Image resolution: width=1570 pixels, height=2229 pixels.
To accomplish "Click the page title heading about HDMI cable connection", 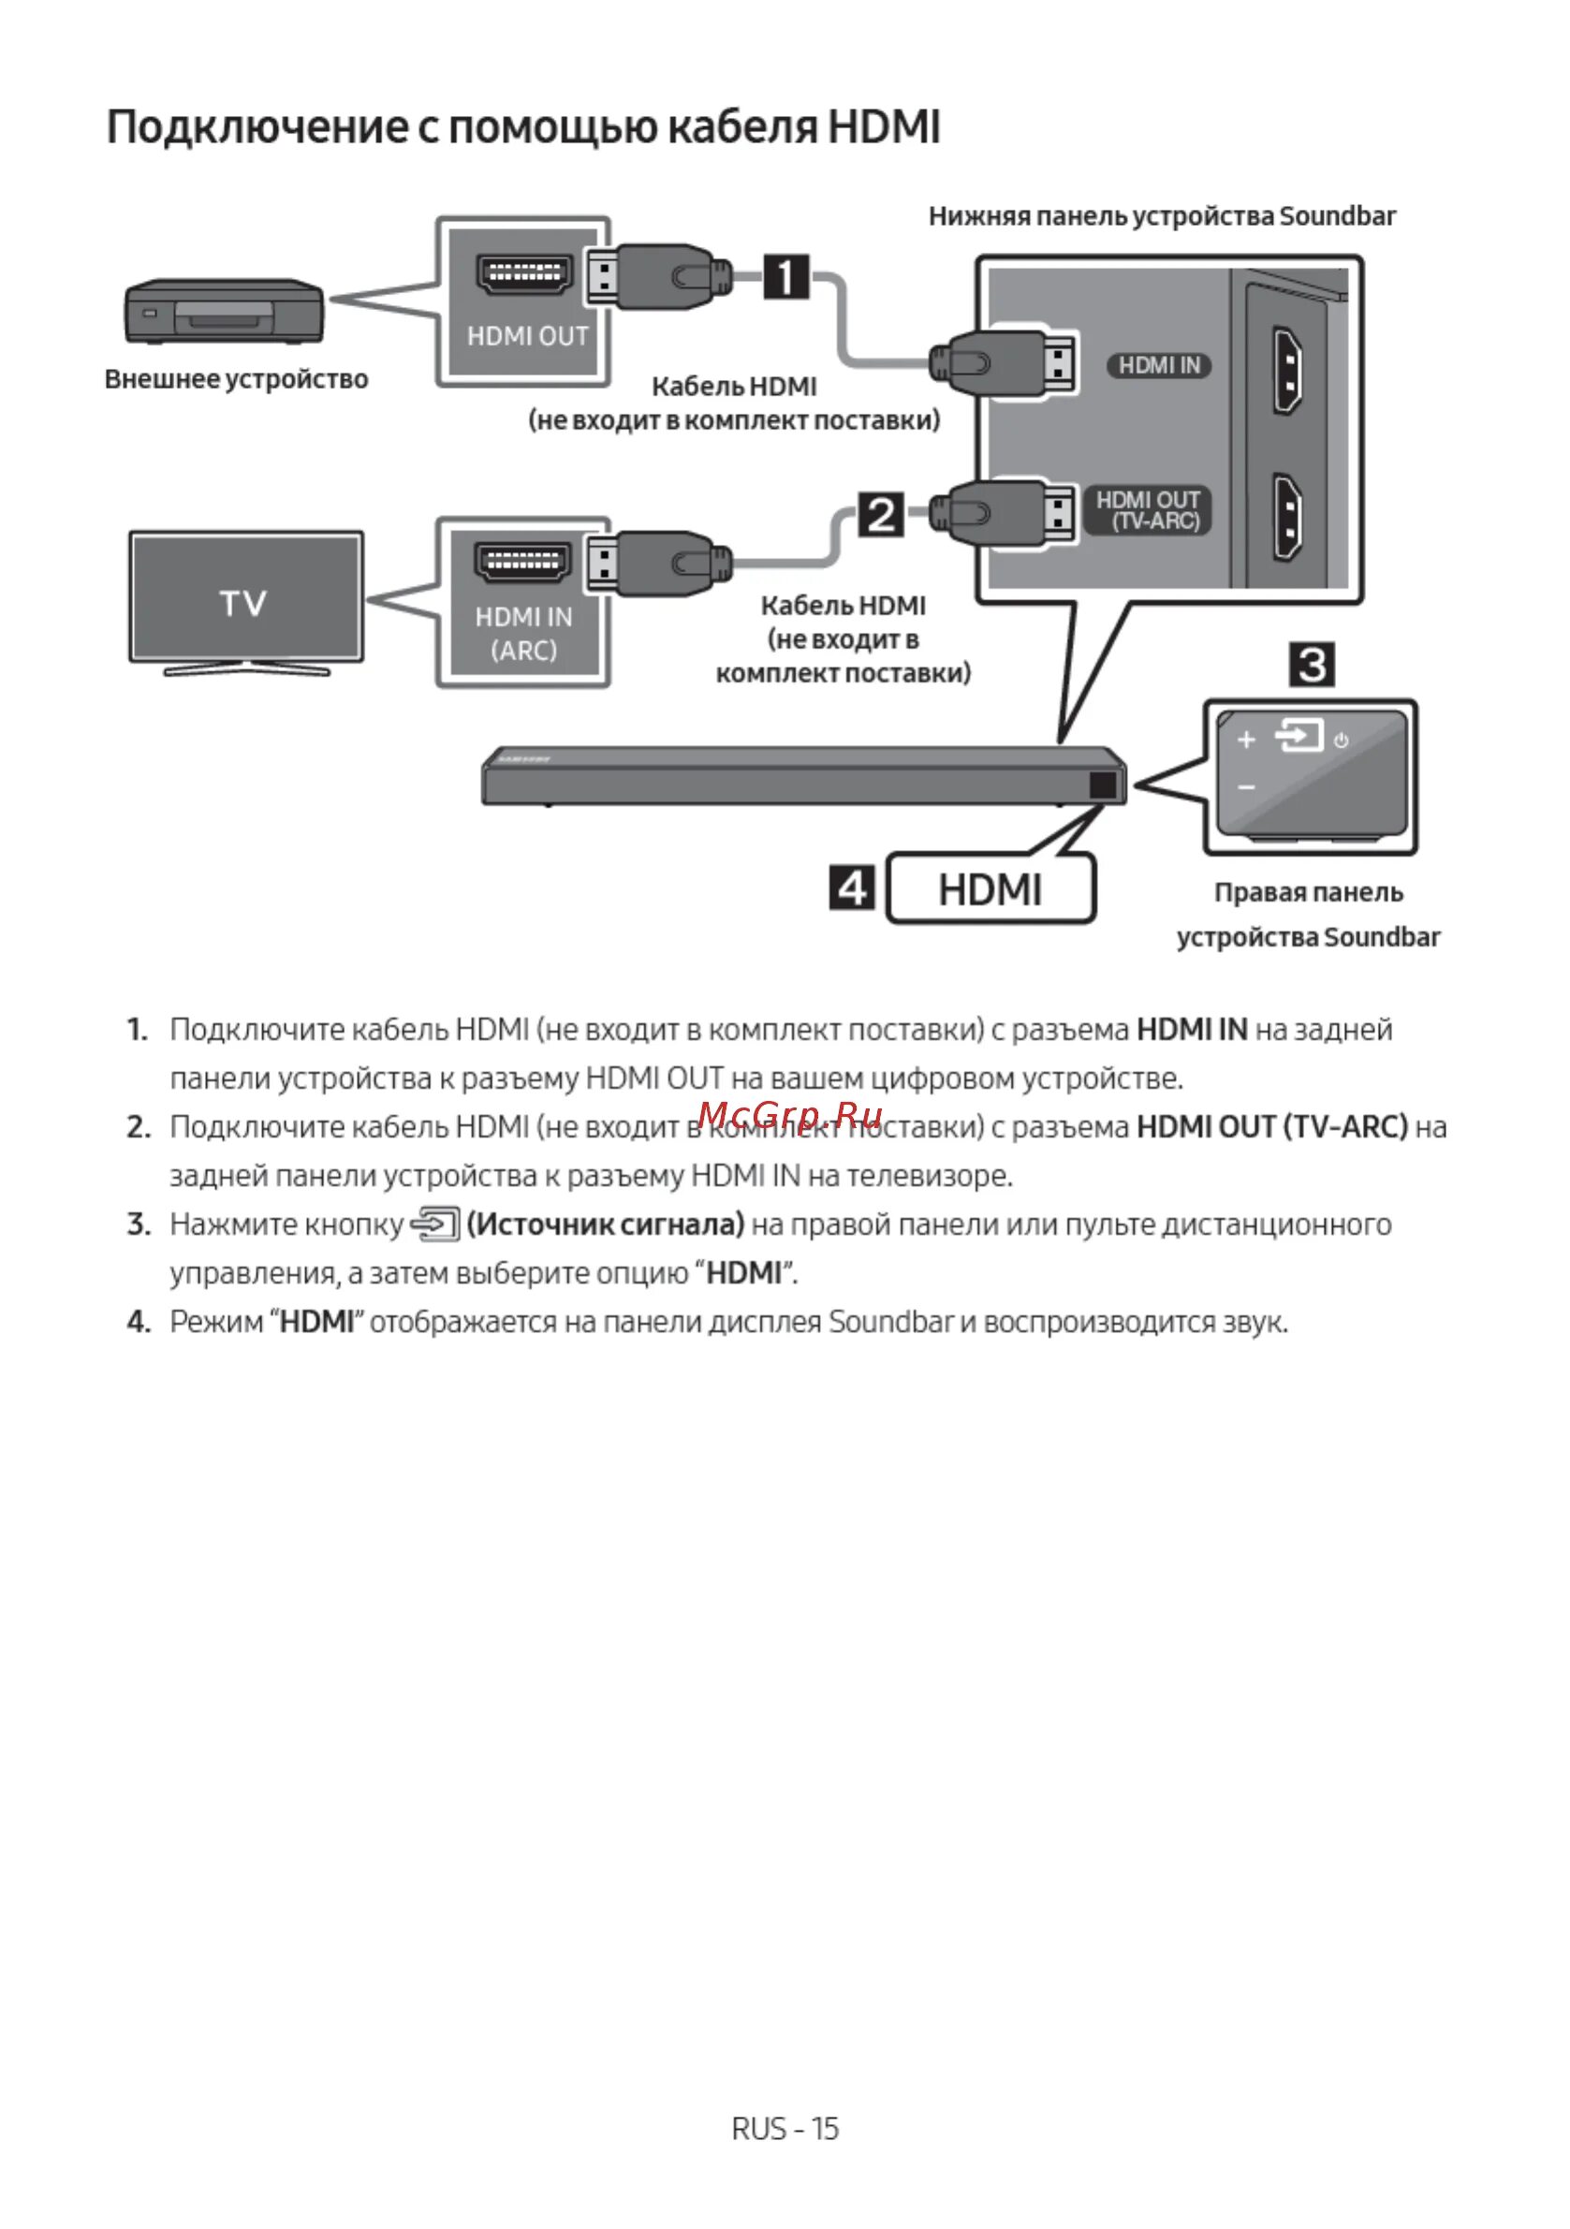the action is point(523,127).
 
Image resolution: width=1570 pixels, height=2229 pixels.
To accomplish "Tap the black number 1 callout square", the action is point(785,276).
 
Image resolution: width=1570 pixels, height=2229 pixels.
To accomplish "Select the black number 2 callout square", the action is point(881,515).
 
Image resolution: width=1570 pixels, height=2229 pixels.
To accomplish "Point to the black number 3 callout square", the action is point(1312,665).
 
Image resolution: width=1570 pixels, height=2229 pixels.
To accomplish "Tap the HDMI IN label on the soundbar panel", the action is point(1159,365).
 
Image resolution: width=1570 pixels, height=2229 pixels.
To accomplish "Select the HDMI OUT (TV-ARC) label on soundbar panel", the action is point(1149,510).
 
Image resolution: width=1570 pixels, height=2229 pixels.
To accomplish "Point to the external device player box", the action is point(224,311).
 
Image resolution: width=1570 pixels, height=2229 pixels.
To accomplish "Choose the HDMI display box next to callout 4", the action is point(990,888).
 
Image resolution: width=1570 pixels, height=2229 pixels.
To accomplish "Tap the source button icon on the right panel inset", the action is point(1299,735).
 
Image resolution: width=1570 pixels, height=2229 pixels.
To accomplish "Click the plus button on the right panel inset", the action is point(1247,740).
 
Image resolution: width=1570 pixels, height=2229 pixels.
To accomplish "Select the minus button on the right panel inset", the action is point(1247,786).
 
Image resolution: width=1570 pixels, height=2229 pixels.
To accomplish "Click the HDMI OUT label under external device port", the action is point(527,336).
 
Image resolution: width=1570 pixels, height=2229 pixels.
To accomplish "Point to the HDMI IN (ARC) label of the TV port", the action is point(523,633).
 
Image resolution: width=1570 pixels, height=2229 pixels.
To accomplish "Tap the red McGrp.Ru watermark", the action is point(789,1116).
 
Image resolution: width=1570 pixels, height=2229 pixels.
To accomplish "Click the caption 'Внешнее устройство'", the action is point(236,378).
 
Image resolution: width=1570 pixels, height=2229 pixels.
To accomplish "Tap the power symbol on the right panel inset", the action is point(1341,741).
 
